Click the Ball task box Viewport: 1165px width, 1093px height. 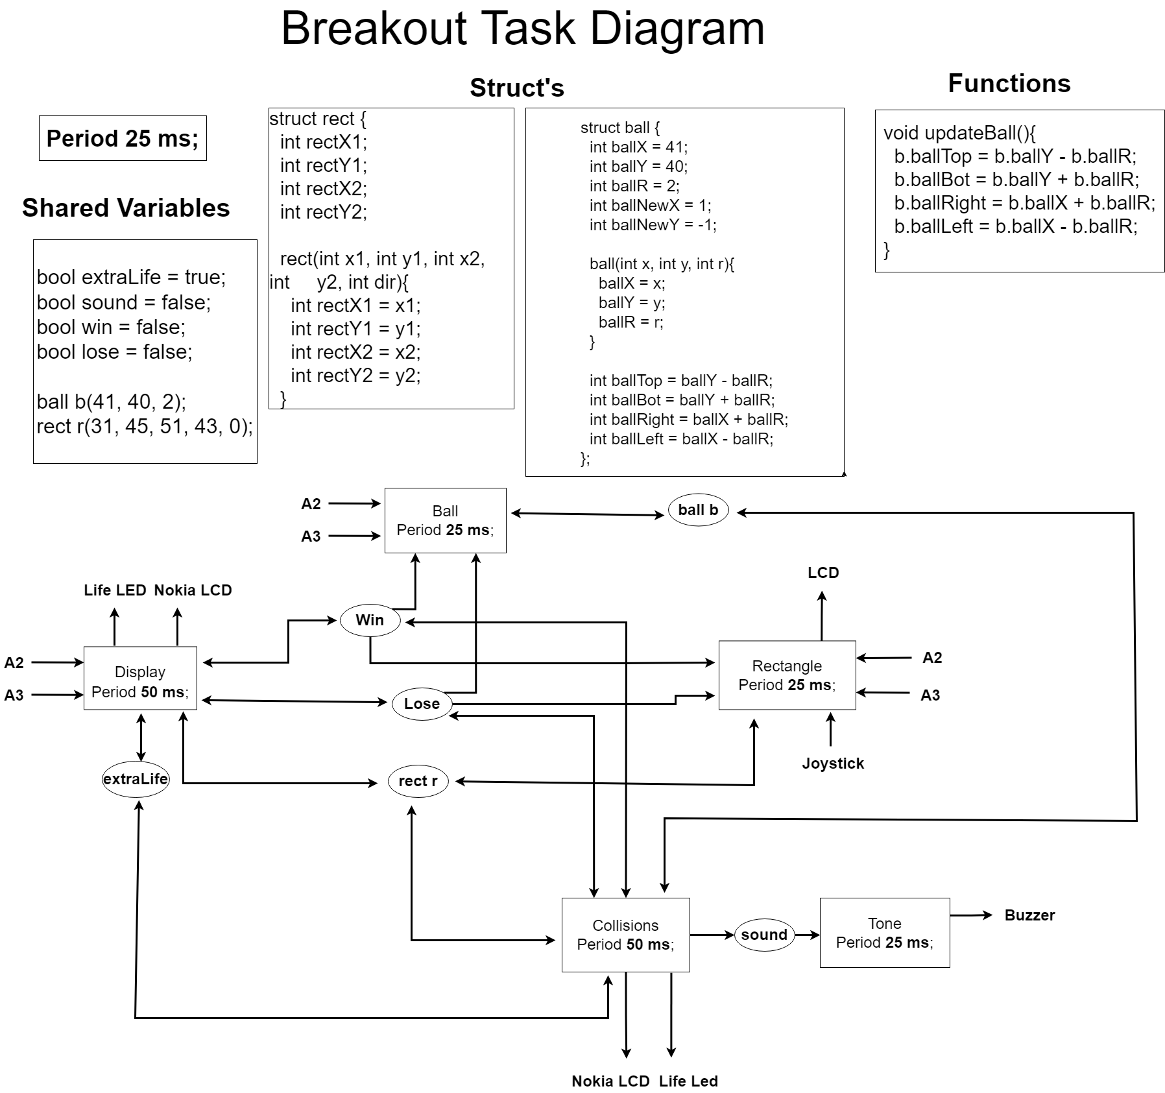[445, 520]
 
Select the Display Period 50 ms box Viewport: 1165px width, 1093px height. [140, 678]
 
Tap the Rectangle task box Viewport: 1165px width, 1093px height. [787, 675]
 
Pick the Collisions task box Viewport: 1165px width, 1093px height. [625, 935]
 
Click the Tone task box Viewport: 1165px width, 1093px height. [884, 933]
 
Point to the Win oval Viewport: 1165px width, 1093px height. [370, 620]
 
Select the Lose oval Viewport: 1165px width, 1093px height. [422, 704]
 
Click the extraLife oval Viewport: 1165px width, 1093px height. [136, 779]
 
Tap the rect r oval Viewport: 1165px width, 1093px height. [418, 781]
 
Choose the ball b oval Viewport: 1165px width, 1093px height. [698, 510]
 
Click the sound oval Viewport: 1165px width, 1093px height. [764, 935]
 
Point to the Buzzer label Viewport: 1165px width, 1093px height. [1029, 915]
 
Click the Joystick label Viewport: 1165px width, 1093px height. [833, 763]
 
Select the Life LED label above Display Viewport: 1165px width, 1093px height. [115, 590]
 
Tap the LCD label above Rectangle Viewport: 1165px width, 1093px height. [823, 573]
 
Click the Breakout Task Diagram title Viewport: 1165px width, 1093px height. [522, 29]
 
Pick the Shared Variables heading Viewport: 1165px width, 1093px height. [126, 208]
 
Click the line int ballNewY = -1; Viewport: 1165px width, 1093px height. [653, 225]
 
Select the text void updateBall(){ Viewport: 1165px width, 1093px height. [959, 133]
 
